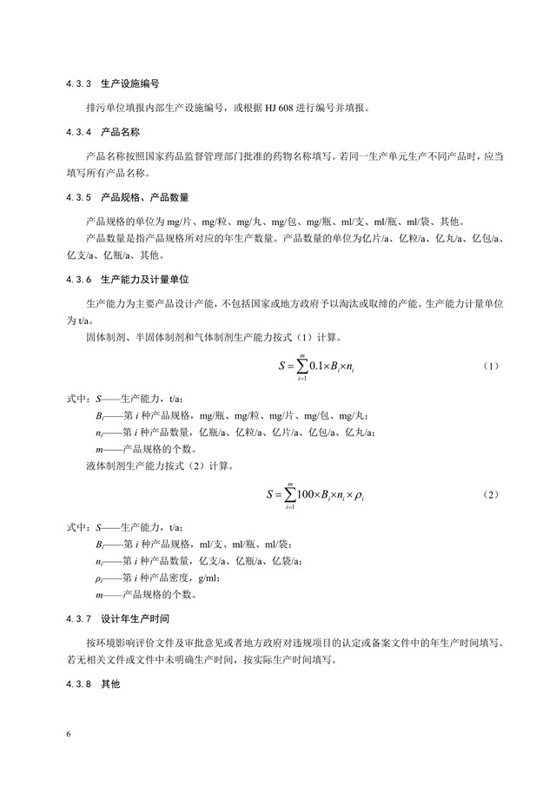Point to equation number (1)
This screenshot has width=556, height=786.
[490, 366]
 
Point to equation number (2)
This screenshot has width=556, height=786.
[490, 494]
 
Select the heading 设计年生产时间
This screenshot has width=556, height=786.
[135, 619]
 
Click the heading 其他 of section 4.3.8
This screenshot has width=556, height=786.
[109, 684]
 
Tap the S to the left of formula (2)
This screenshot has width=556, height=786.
[269, 495]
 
